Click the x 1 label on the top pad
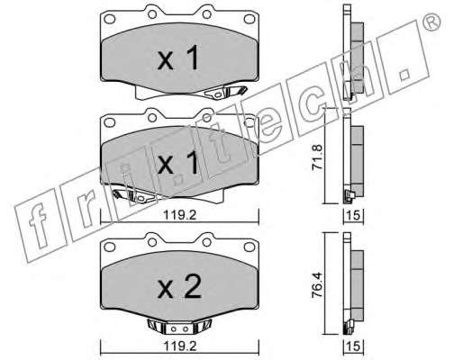pyautogui.click(x=178, y=58)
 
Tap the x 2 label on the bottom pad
pyautogui.click(x=179, y=287)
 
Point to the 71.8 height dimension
pyautogui.click(x=318, y=157)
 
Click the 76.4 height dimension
pyautogui.click(x=318, y=284)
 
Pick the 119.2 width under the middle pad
pyautogui.click(x=179, y=215)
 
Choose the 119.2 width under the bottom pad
pyautogui.click(x=179, y=346)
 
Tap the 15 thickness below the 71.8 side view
pyautogui.click(x=353, y=215)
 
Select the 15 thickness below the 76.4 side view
pyautogui.click(x=353, y=346)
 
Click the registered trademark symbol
pyautogui.click(x=431, y=22)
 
